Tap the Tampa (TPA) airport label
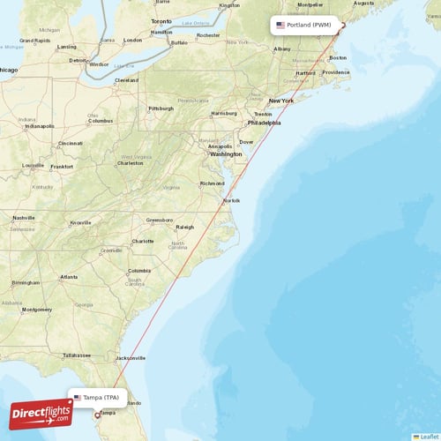(99, 398)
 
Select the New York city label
(280, 101)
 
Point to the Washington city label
(226, 153)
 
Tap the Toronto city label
(161, 20)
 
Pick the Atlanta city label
(68, 276)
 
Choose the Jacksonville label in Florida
(131, 357)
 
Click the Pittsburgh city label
(161, 108)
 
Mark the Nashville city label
(24, 218)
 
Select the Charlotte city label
(143, 241)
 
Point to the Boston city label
(337, 58)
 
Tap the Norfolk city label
(231, 201)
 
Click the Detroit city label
(78, 60)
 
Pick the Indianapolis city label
(40, 125)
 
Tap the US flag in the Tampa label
(78, 398)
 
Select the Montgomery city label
(36, 310)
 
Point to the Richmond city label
(212, 183)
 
